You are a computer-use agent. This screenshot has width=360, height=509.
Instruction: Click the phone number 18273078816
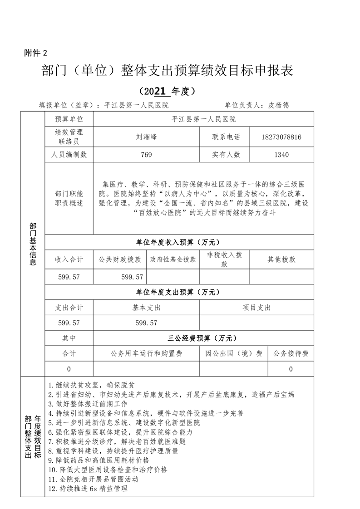(281, 137)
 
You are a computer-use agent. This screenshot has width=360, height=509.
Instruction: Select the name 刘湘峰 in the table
(146, 137)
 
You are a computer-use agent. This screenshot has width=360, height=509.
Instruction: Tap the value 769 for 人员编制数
(146, 155)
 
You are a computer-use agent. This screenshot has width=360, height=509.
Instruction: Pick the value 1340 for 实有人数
(281, 155)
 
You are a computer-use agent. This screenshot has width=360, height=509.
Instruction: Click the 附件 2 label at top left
(35, 52)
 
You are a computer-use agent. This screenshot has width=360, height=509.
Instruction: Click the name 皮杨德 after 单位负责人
(279, 105)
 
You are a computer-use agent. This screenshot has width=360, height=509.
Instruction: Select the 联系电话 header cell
(226, 137)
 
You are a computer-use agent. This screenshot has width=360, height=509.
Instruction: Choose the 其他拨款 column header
(281, 259)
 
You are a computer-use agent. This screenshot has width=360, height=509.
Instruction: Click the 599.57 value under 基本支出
(146, 323)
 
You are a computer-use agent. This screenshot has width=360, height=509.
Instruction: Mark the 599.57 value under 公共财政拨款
(133, 276)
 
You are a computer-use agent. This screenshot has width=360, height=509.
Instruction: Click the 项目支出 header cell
(257, 308)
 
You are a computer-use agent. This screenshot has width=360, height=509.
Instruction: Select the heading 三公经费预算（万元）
(203, 338)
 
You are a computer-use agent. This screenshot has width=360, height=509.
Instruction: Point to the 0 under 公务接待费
(291, 369)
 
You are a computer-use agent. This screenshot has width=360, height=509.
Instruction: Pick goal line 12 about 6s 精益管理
(88, 489)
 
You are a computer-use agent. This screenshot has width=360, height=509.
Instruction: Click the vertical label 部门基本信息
(33, 244)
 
